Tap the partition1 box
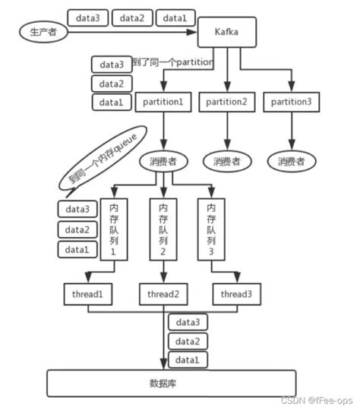[163, 102]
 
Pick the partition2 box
[228, 102]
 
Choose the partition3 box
[292, 102]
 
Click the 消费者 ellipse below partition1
[163, 160]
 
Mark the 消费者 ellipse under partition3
[292, 160]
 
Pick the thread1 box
[88, 294]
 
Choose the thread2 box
[163, 294]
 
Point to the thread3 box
[235, 294]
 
